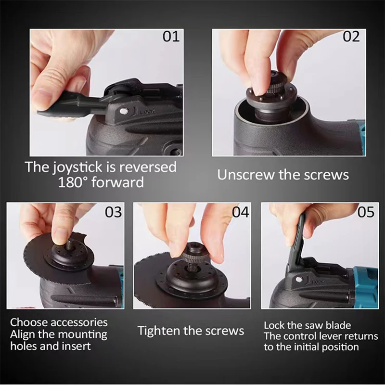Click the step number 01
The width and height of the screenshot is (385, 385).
pyautogui.click(x=171, y=37)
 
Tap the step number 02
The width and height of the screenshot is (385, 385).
pyautogui.click(x=351, y=37)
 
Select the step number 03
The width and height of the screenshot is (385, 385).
pyautogui.click(x=113, y=212)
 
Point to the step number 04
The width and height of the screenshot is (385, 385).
pyautogui.click(x=241, y=212)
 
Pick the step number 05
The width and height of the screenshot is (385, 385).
pyautogui.click(x=366, y=212)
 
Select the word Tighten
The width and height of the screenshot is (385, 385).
pyautogui.click(x=159, y=331)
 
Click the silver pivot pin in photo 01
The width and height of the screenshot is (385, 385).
pyautogui.click(x=124, y=112)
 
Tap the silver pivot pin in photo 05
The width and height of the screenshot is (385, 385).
pyautogui.click(x=299, y=280)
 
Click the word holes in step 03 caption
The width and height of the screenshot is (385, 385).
pyautogui.click(x=23, y=346)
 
